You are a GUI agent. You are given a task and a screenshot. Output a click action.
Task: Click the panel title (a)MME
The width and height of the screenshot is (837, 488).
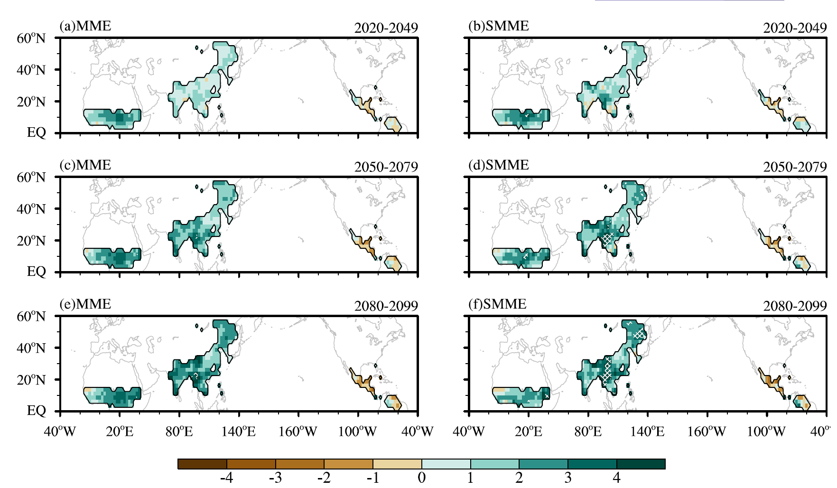point(85,26)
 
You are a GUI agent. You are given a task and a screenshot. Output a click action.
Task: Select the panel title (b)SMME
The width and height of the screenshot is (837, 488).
point(499,26)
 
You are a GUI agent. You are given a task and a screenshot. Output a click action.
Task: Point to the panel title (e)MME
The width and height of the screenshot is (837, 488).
point(85,304)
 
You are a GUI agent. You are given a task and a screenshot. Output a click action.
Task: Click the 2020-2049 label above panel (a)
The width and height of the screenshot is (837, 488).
point(386,28)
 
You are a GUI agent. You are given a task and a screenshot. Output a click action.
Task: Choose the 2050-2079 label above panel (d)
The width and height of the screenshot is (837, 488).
point(795,167)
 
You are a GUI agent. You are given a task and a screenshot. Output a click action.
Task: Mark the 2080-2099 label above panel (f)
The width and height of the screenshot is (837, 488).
point(795,306)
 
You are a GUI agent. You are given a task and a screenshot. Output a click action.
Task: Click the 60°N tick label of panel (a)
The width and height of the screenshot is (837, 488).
point(31,38)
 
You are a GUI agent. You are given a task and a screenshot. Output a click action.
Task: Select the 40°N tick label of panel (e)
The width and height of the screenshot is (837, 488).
point(31,348)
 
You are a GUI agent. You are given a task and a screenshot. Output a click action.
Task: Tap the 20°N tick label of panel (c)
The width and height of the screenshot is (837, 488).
point(31,241)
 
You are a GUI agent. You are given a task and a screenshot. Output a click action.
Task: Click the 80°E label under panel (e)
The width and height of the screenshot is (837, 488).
point(179,432)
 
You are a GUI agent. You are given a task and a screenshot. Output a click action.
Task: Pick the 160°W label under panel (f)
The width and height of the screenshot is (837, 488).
point(707,432)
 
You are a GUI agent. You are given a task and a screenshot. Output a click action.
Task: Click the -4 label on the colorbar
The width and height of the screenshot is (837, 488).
point(227,478)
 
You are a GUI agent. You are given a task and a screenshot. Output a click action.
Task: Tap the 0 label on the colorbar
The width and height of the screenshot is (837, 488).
point(422,478)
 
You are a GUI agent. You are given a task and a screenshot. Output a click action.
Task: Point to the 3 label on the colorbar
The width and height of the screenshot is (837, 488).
point(568,478)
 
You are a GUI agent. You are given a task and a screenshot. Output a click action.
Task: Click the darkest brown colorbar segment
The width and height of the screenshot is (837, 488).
point(202,464)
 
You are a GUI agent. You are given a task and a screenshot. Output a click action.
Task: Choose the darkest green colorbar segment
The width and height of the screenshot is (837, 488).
point(641,464)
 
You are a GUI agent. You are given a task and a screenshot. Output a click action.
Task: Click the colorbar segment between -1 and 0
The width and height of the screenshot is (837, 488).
point(398,464)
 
